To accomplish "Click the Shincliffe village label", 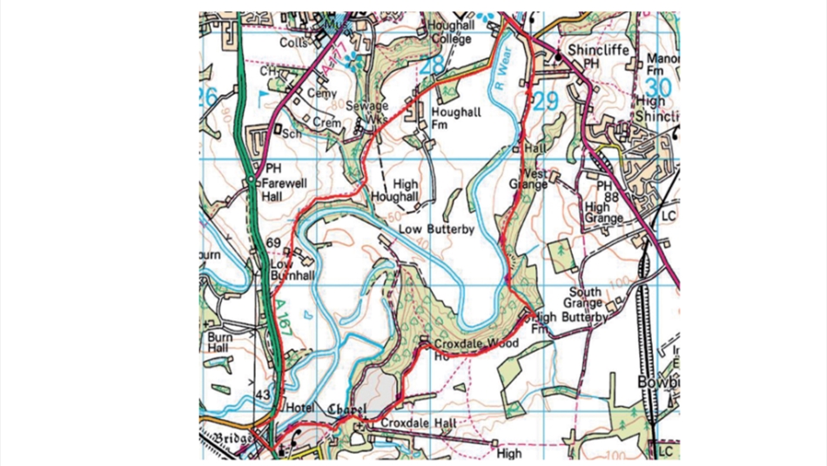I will click(596, 51).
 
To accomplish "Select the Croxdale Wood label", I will click(475, 344).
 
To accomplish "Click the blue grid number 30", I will click(660, 87).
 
